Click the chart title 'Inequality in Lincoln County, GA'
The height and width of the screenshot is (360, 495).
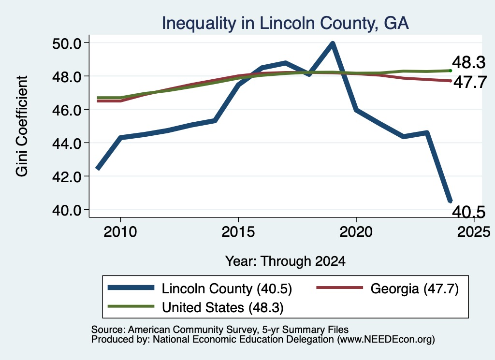coord(285,23)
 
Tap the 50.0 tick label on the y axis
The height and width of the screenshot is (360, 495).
coord(67,43)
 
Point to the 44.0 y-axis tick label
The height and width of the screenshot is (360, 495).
coord(67,144)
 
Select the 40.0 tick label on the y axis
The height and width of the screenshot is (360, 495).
coord(67,210)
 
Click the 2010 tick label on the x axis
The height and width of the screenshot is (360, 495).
coord(120,232)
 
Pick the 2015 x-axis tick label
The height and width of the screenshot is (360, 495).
coord(238,232)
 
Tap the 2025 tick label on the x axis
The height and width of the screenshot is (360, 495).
coord(474,232)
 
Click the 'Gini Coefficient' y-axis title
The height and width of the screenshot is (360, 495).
coord(22,126)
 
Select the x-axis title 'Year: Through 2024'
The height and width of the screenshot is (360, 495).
coord(285,261)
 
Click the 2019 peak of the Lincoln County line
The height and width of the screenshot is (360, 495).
coord(333,43)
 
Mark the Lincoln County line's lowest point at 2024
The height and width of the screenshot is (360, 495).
coord(450,201)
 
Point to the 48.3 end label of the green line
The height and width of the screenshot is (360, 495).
coord(468,62)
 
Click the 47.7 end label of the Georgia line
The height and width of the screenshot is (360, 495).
coord(470,82)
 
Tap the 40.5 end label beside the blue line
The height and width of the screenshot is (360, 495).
coord(468,212)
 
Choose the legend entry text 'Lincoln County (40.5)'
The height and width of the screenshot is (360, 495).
coord(227,288)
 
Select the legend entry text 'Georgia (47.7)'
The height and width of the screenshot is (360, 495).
coord(414,288)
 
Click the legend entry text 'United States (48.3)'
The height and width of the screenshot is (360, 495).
coord(223,307)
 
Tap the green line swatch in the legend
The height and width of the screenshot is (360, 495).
coord(131,306)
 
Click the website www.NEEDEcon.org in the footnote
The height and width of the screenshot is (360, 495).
coord(386,340)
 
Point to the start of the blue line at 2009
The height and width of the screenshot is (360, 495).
coord(98,168)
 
